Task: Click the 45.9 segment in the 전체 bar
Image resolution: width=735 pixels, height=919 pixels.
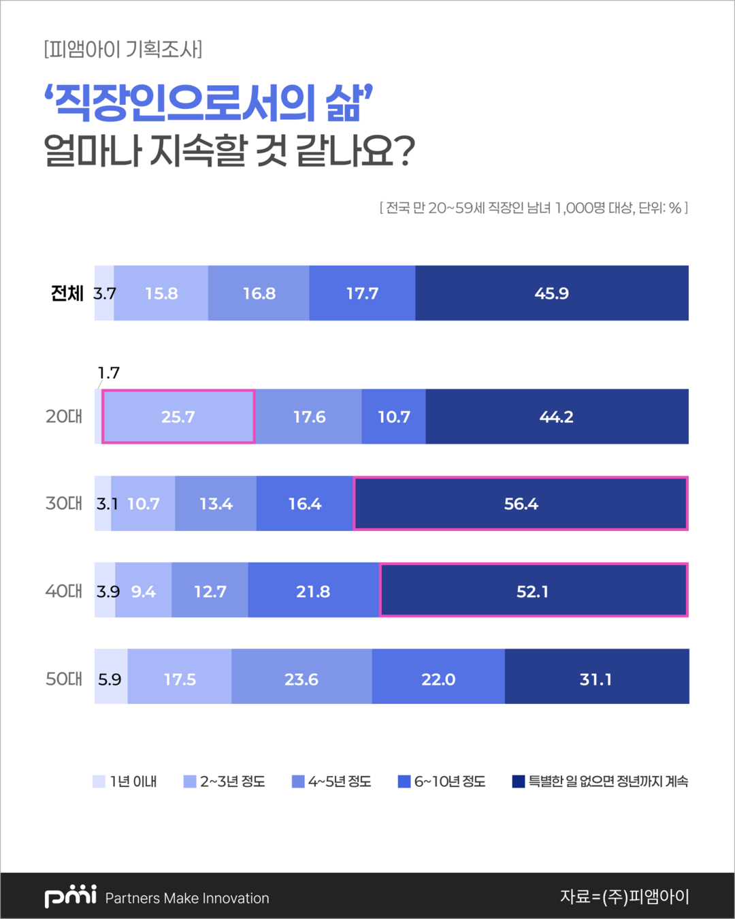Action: pos(552,293)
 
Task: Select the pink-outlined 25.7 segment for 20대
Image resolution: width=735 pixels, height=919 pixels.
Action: pos(178,417)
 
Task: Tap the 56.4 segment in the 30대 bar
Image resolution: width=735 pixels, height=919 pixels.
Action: pos(521,504)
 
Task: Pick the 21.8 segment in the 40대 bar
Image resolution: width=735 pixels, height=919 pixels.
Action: pos(313,591)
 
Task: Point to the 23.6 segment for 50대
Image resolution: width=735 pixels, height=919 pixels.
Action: pos(301,679)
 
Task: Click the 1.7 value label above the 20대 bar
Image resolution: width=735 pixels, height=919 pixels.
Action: pos(109,373)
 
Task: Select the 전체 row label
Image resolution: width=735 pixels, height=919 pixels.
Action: pos(67,293)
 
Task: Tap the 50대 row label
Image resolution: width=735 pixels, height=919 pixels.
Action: pos(64,679)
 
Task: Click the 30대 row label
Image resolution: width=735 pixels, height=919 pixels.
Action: pos(64,504)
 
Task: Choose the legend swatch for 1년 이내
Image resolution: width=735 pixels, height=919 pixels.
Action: pos(99,781)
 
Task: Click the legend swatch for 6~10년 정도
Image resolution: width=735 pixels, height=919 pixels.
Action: pos(404,781)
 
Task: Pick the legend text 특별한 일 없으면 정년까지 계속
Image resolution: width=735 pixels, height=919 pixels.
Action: pos(608,781)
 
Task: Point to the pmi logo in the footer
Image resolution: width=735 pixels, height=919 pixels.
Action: pos(71,896)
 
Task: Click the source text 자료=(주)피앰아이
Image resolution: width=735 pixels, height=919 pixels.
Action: pos(624,897)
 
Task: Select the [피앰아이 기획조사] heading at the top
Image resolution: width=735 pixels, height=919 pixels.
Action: pos(123,50)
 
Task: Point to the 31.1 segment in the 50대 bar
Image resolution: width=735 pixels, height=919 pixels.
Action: pos(596,679)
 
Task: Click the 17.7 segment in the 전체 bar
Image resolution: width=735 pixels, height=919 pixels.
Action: pos(362,293)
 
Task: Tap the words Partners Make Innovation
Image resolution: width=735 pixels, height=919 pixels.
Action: pos(187,898)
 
